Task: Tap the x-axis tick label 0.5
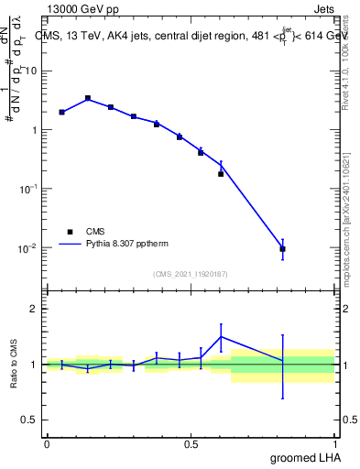pos(191,444)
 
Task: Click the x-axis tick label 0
pos(47,444)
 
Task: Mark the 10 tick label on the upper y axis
pos(33,71)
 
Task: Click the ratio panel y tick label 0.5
pos(29,421)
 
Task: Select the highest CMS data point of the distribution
pos(87,98)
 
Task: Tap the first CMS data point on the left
pos(61,112)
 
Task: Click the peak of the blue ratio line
pos(221,336)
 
